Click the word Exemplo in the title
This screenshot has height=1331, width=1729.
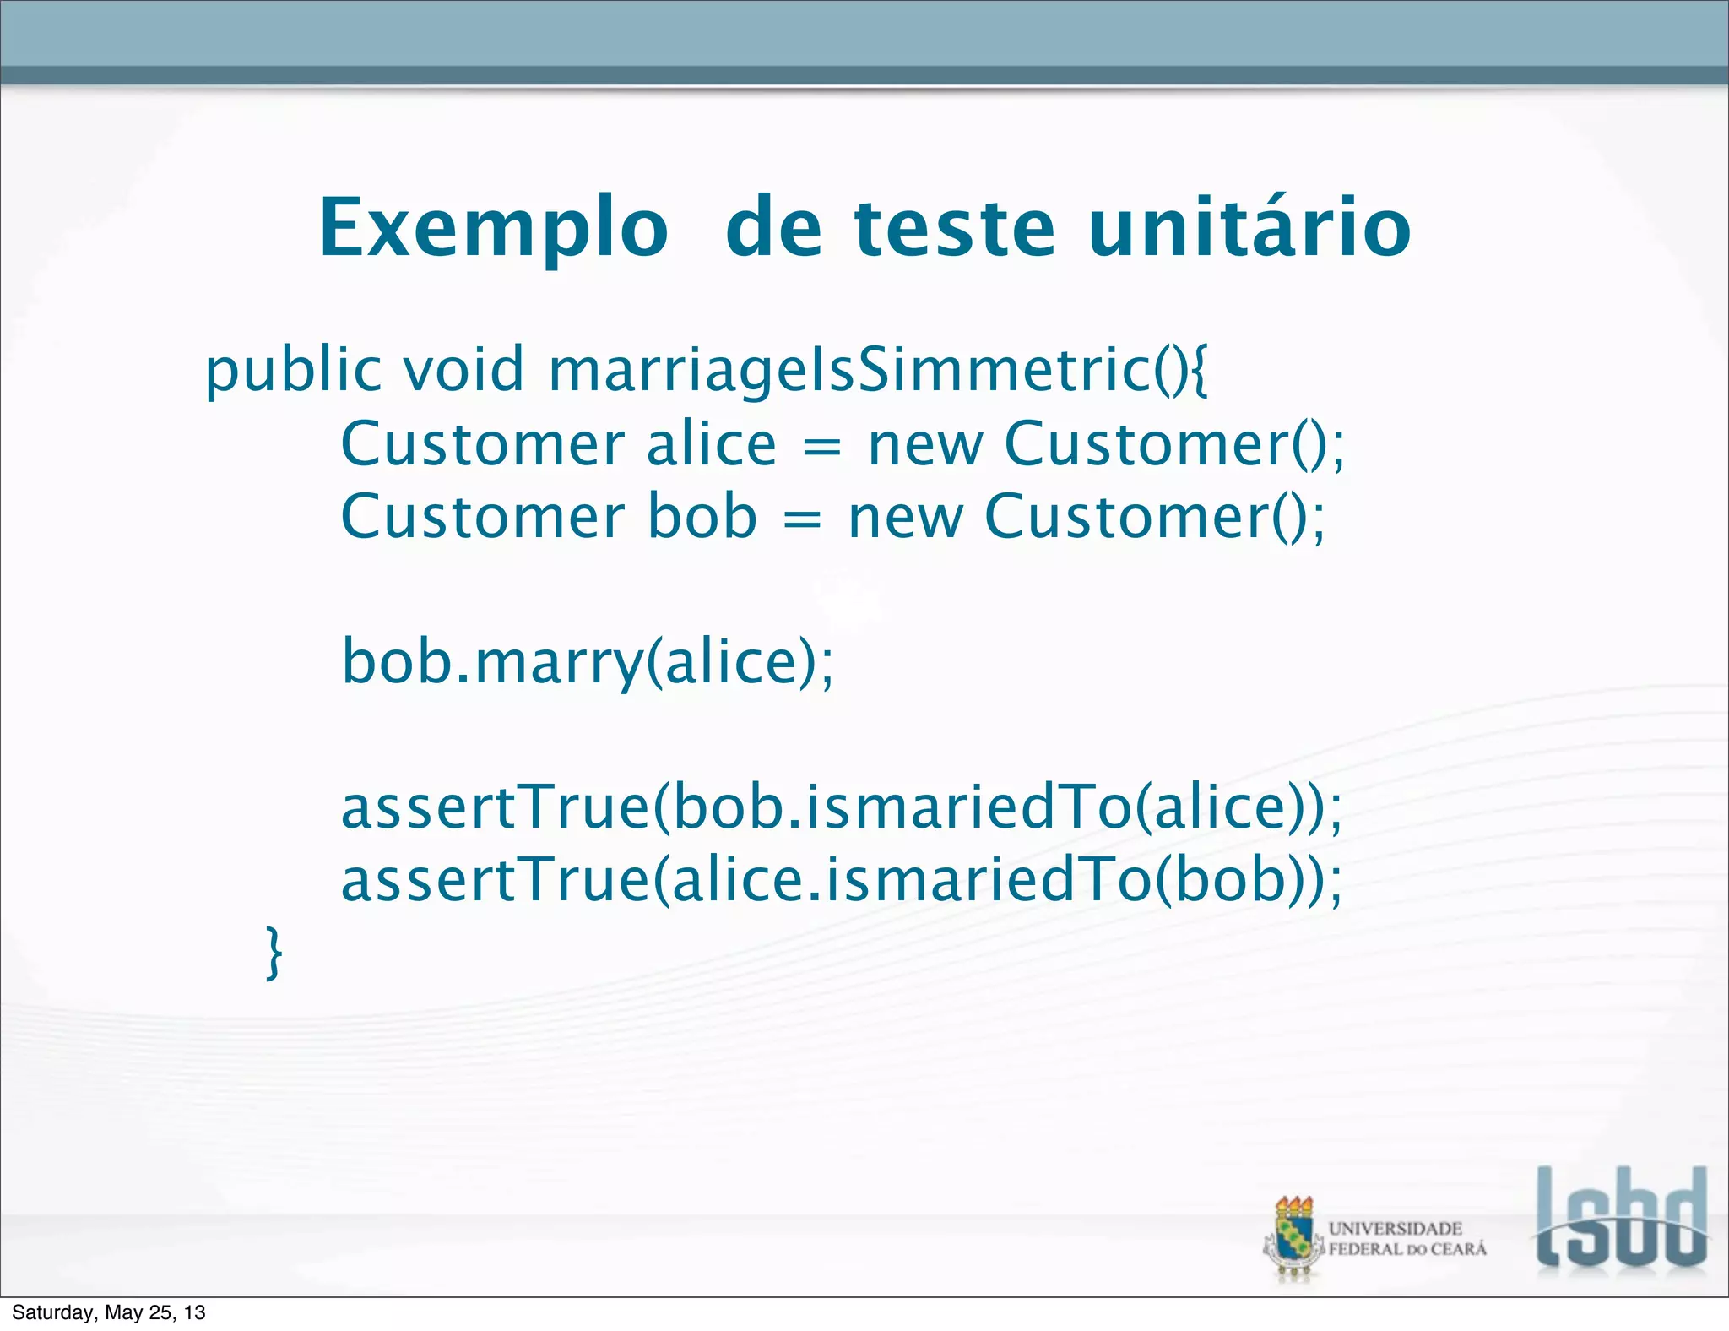tap(493, 229)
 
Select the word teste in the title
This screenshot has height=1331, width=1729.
tap(955, 229)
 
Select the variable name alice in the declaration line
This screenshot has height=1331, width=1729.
tap(711, 445)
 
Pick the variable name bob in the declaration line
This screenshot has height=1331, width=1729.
tap(702, 517)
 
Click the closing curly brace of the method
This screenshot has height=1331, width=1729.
tap(274, 953)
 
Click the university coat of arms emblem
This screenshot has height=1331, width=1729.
tap(1293, 1238)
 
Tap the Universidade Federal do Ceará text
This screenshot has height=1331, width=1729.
tap(1407, 1239)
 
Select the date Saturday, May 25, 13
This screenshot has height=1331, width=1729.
tap(109, 1312)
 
